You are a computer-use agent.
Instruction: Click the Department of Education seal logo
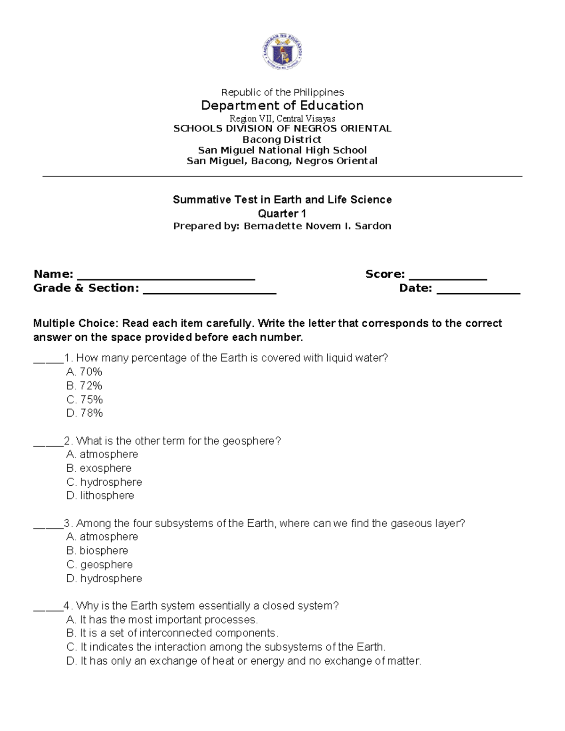coord(282,52)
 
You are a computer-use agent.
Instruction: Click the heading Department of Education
coord(282,105)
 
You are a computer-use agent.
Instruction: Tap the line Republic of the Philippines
coord(282,92)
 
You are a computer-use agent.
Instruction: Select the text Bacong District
coord(282,139)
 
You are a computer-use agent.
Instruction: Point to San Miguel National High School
coord(282,150)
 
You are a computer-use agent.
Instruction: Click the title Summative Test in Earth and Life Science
coord(282,200)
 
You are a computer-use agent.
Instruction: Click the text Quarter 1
coord(282,213)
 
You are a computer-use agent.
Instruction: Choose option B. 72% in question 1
coord(84,386)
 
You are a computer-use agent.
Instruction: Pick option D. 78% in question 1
coord(85,413)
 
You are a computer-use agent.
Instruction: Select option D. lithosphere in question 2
coord(100,495)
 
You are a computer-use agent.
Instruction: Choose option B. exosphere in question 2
coord(99,468)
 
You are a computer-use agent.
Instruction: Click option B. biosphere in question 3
coord(97,550)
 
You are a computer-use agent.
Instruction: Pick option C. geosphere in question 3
coord(99,564)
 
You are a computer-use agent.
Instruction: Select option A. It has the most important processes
coord(162,619)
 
